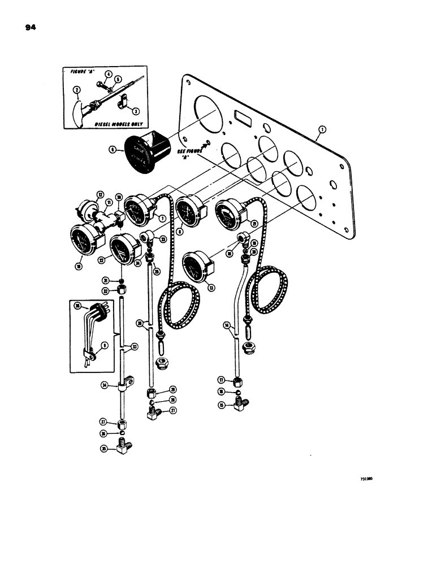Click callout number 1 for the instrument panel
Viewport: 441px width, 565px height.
point(322,129)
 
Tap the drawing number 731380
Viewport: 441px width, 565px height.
point(368,478)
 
